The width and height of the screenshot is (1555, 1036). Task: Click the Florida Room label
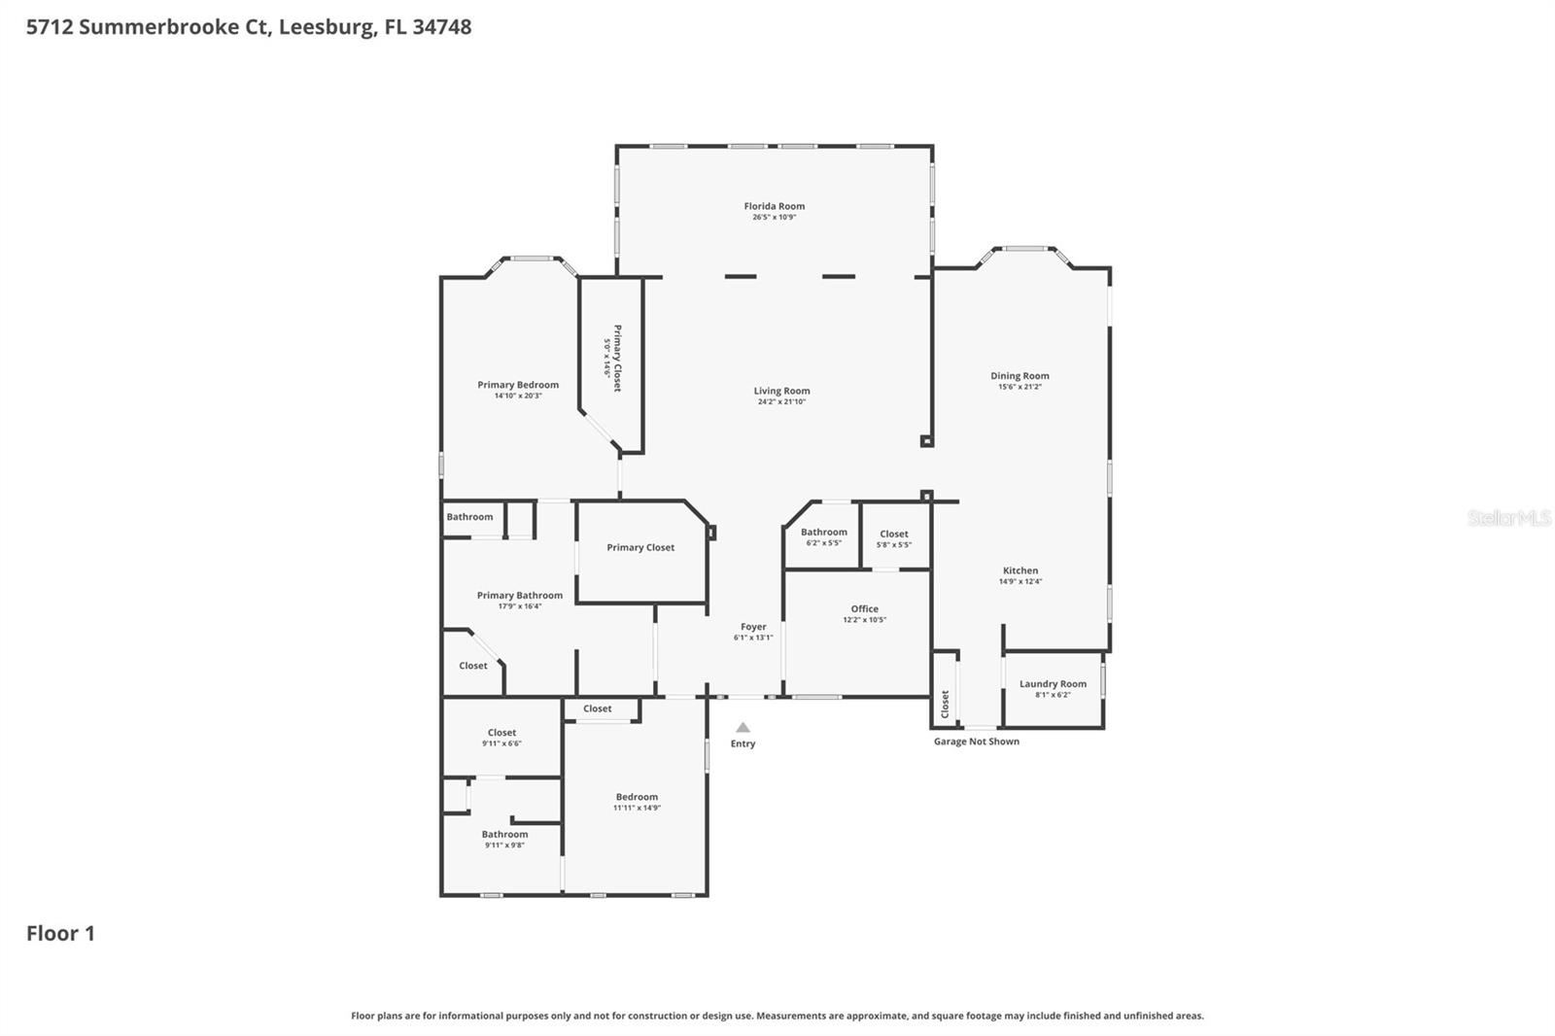click(774, 206)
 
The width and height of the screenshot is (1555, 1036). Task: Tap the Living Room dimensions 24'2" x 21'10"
click(781, 402)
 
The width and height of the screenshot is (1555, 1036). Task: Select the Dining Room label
click(1019, 376)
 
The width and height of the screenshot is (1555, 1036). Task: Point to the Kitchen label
click(1020, 570)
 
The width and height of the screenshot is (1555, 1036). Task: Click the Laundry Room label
click(1053, 684)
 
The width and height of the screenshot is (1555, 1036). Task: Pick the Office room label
click(864, 609)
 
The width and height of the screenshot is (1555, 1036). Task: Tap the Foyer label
click(753, 627)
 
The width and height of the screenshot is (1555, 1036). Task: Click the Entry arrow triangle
click(743, 727)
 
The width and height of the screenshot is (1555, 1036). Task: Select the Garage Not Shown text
click(976, 742)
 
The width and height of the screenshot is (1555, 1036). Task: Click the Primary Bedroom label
click(518, 385)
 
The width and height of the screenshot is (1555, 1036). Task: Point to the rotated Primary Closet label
click(616, 358)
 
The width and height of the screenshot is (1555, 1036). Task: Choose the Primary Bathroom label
click(519, 596)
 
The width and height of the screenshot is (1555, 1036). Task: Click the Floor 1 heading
click(60, 934)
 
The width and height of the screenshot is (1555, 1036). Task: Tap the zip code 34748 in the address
click(441, 27)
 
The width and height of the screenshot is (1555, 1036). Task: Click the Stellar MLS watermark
click(1508, 518)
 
